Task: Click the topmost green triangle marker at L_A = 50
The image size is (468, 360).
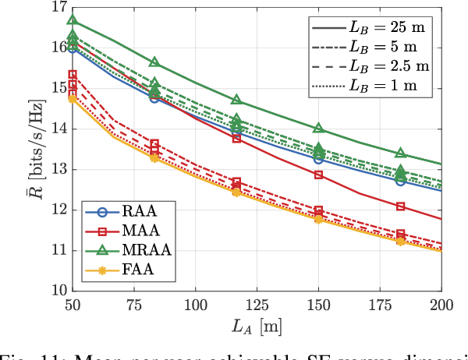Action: tap(73, 20)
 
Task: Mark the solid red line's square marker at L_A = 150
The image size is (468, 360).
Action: tap(318, 175)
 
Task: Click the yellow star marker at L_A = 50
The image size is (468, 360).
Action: tap(73, 99)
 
